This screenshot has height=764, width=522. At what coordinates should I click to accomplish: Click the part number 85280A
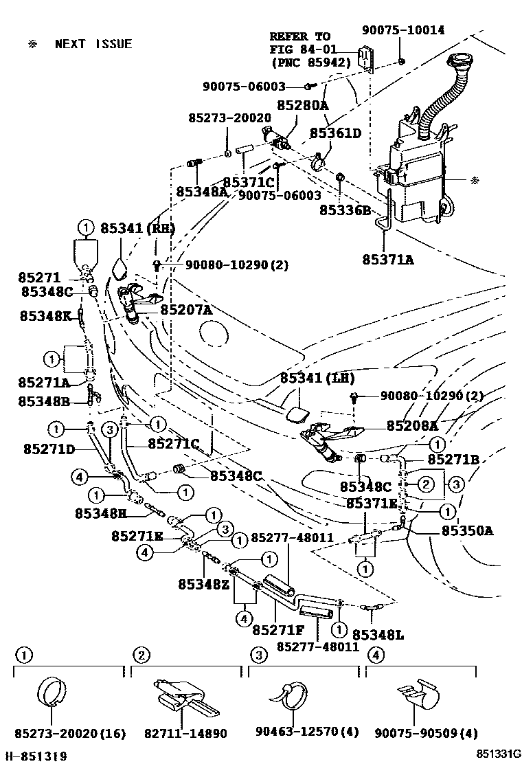pyautogui.click(x=302, y=105)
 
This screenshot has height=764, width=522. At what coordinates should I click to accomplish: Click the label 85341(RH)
pyautogui.click(x=138, y=228)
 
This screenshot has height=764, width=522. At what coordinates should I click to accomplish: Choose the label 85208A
pyautogui.click(x=412, y=425)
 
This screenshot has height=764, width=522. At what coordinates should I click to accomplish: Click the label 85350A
pyautogui.click(x=468, y=530)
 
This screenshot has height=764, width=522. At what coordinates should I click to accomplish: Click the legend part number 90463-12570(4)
pyautogui.click(x=306, y=733)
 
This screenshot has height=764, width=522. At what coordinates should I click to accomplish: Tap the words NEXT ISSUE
pyautogui.click(x=93, y=44)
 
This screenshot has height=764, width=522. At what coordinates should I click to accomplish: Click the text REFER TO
pyautogui.click(x=299, y=36)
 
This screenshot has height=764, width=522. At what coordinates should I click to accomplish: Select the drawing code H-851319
pyautogui.click(x=36, y=756)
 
